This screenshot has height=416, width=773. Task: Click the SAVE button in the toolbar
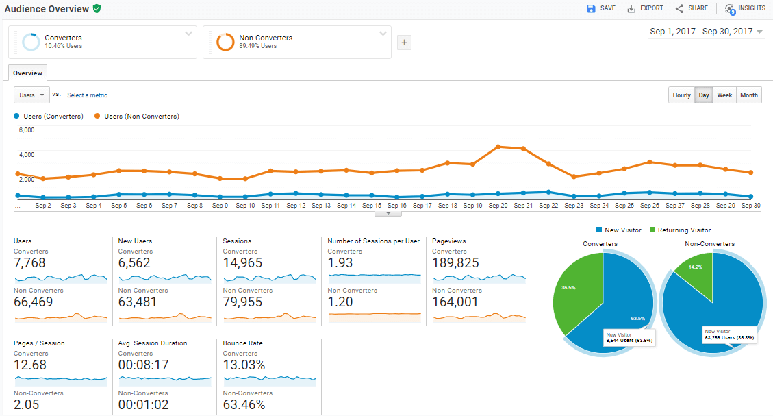600,8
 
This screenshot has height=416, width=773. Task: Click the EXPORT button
645,8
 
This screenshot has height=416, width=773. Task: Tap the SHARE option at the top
692,8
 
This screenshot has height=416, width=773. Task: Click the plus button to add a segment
404,42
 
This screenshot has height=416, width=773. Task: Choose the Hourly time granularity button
681,95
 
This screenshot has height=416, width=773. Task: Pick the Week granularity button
724,95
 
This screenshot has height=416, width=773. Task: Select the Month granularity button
749,95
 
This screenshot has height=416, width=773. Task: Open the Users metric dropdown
31,95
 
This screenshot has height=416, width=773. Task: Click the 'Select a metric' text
87,95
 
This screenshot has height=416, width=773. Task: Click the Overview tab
27,73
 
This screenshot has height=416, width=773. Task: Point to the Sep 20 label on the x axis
498,206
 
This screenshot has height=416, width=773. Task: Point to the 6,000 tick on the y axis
26,130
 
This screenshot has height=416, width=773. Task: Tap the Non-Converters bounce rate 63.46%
244,404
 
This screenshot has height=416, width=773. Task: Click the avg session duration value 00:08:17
143,365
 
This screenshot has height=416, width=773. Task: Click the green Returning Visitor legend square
652,230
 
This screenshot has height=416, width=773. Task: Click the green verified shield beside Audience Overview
97,9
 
